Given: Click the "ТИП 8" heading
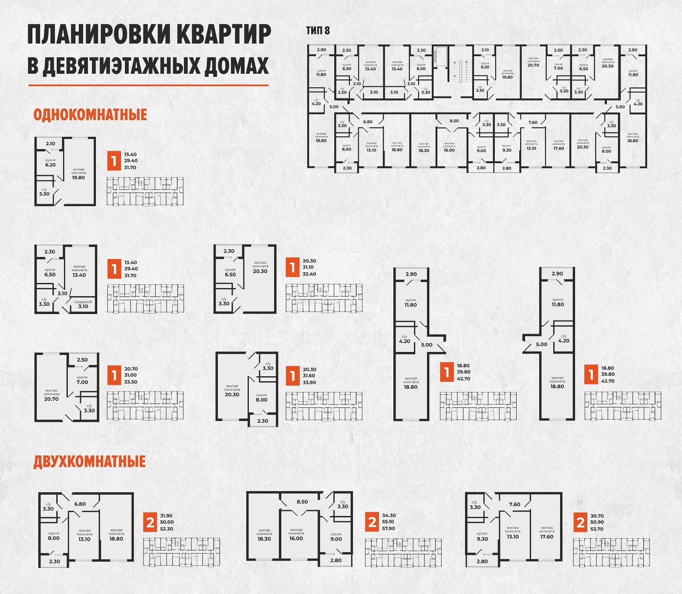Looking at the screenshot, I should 318,31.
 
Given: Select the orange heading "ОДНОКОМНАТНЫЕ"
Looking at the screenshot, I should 90,115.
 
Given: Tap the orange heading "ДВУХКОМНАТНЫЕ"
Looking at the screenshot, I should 90,461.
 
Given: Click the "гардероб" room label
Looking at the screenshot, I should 83,302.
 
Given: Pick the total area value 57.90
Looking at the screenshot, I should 389,528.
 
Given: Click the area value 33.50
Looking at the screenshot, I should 130,382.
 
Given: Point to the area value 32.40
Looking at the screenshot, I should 309,274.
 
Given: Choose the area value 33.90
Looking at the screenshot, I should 309,382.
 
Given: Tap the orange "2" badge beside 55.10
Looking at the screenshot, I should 373,522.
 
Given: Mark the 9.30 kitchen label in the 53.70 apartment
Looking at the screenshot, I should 482,539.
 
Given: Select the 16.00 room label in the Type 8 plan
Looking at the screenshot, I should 449,150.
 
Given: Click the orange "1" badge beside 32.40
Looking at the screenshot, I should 292,268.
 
